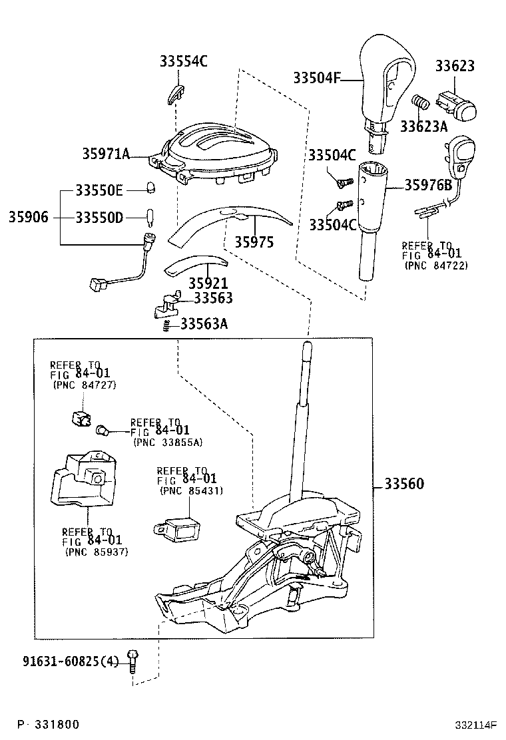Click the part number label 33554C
click(x=183, y=62)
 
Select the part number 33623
click(x=455, y=66)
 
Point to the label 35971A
click(x=105, y=154)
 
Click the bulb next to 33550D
click(x=150, y=216)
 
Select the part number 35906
click(x=29, y=217)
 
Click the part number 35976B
click(x=429, y=186)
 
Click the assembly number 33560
click(x=403, y=484)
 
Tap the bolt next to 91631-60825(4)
click(x=133, y=661)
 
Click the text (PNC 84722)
click(x=436, y=266)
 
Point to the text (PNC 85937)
click(x=97, y=552)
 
